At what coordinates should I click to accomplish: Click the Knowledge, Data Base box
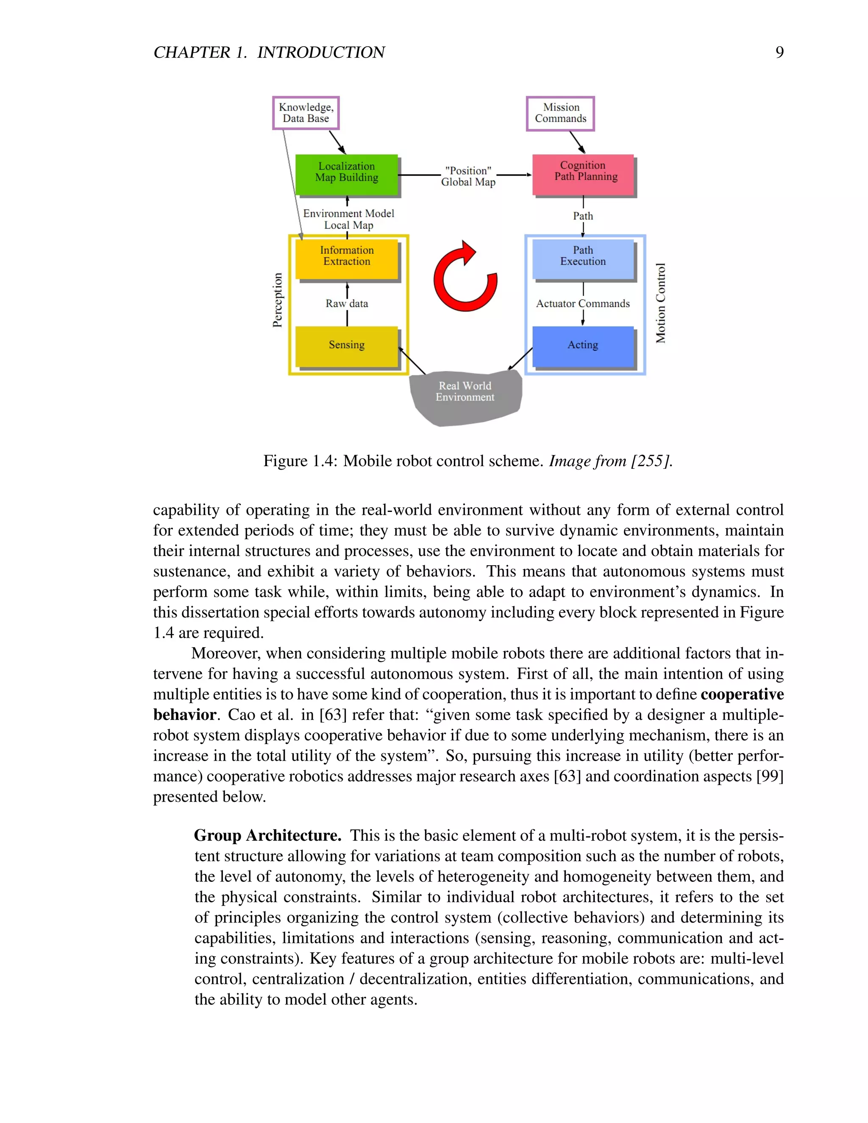(306, 113)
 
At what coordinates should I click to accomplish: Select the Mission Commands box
(560, 114)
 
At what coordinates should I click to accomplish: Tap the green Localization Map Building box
(347, 175)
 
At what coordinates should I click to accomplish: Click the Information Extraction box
(347, 259)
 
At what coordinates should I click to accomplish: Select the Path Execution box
(583, 259)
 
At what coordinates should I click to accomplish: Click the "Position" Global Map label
(468, 176)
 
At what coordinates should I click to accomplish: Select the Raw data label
(347, 303)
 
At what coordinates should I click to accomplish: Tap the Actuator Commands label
(583, 303)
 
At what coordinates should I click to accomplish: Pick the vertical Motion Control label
(661, 303)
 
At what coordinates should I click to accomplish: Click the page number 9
(779, 52)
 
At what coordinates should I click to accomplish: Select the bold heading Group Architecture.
(267, 835)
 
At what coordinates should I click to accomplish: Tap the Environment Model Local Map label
(349, 219)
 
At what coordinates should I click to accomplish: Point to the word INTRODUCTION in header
(321, 52)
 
